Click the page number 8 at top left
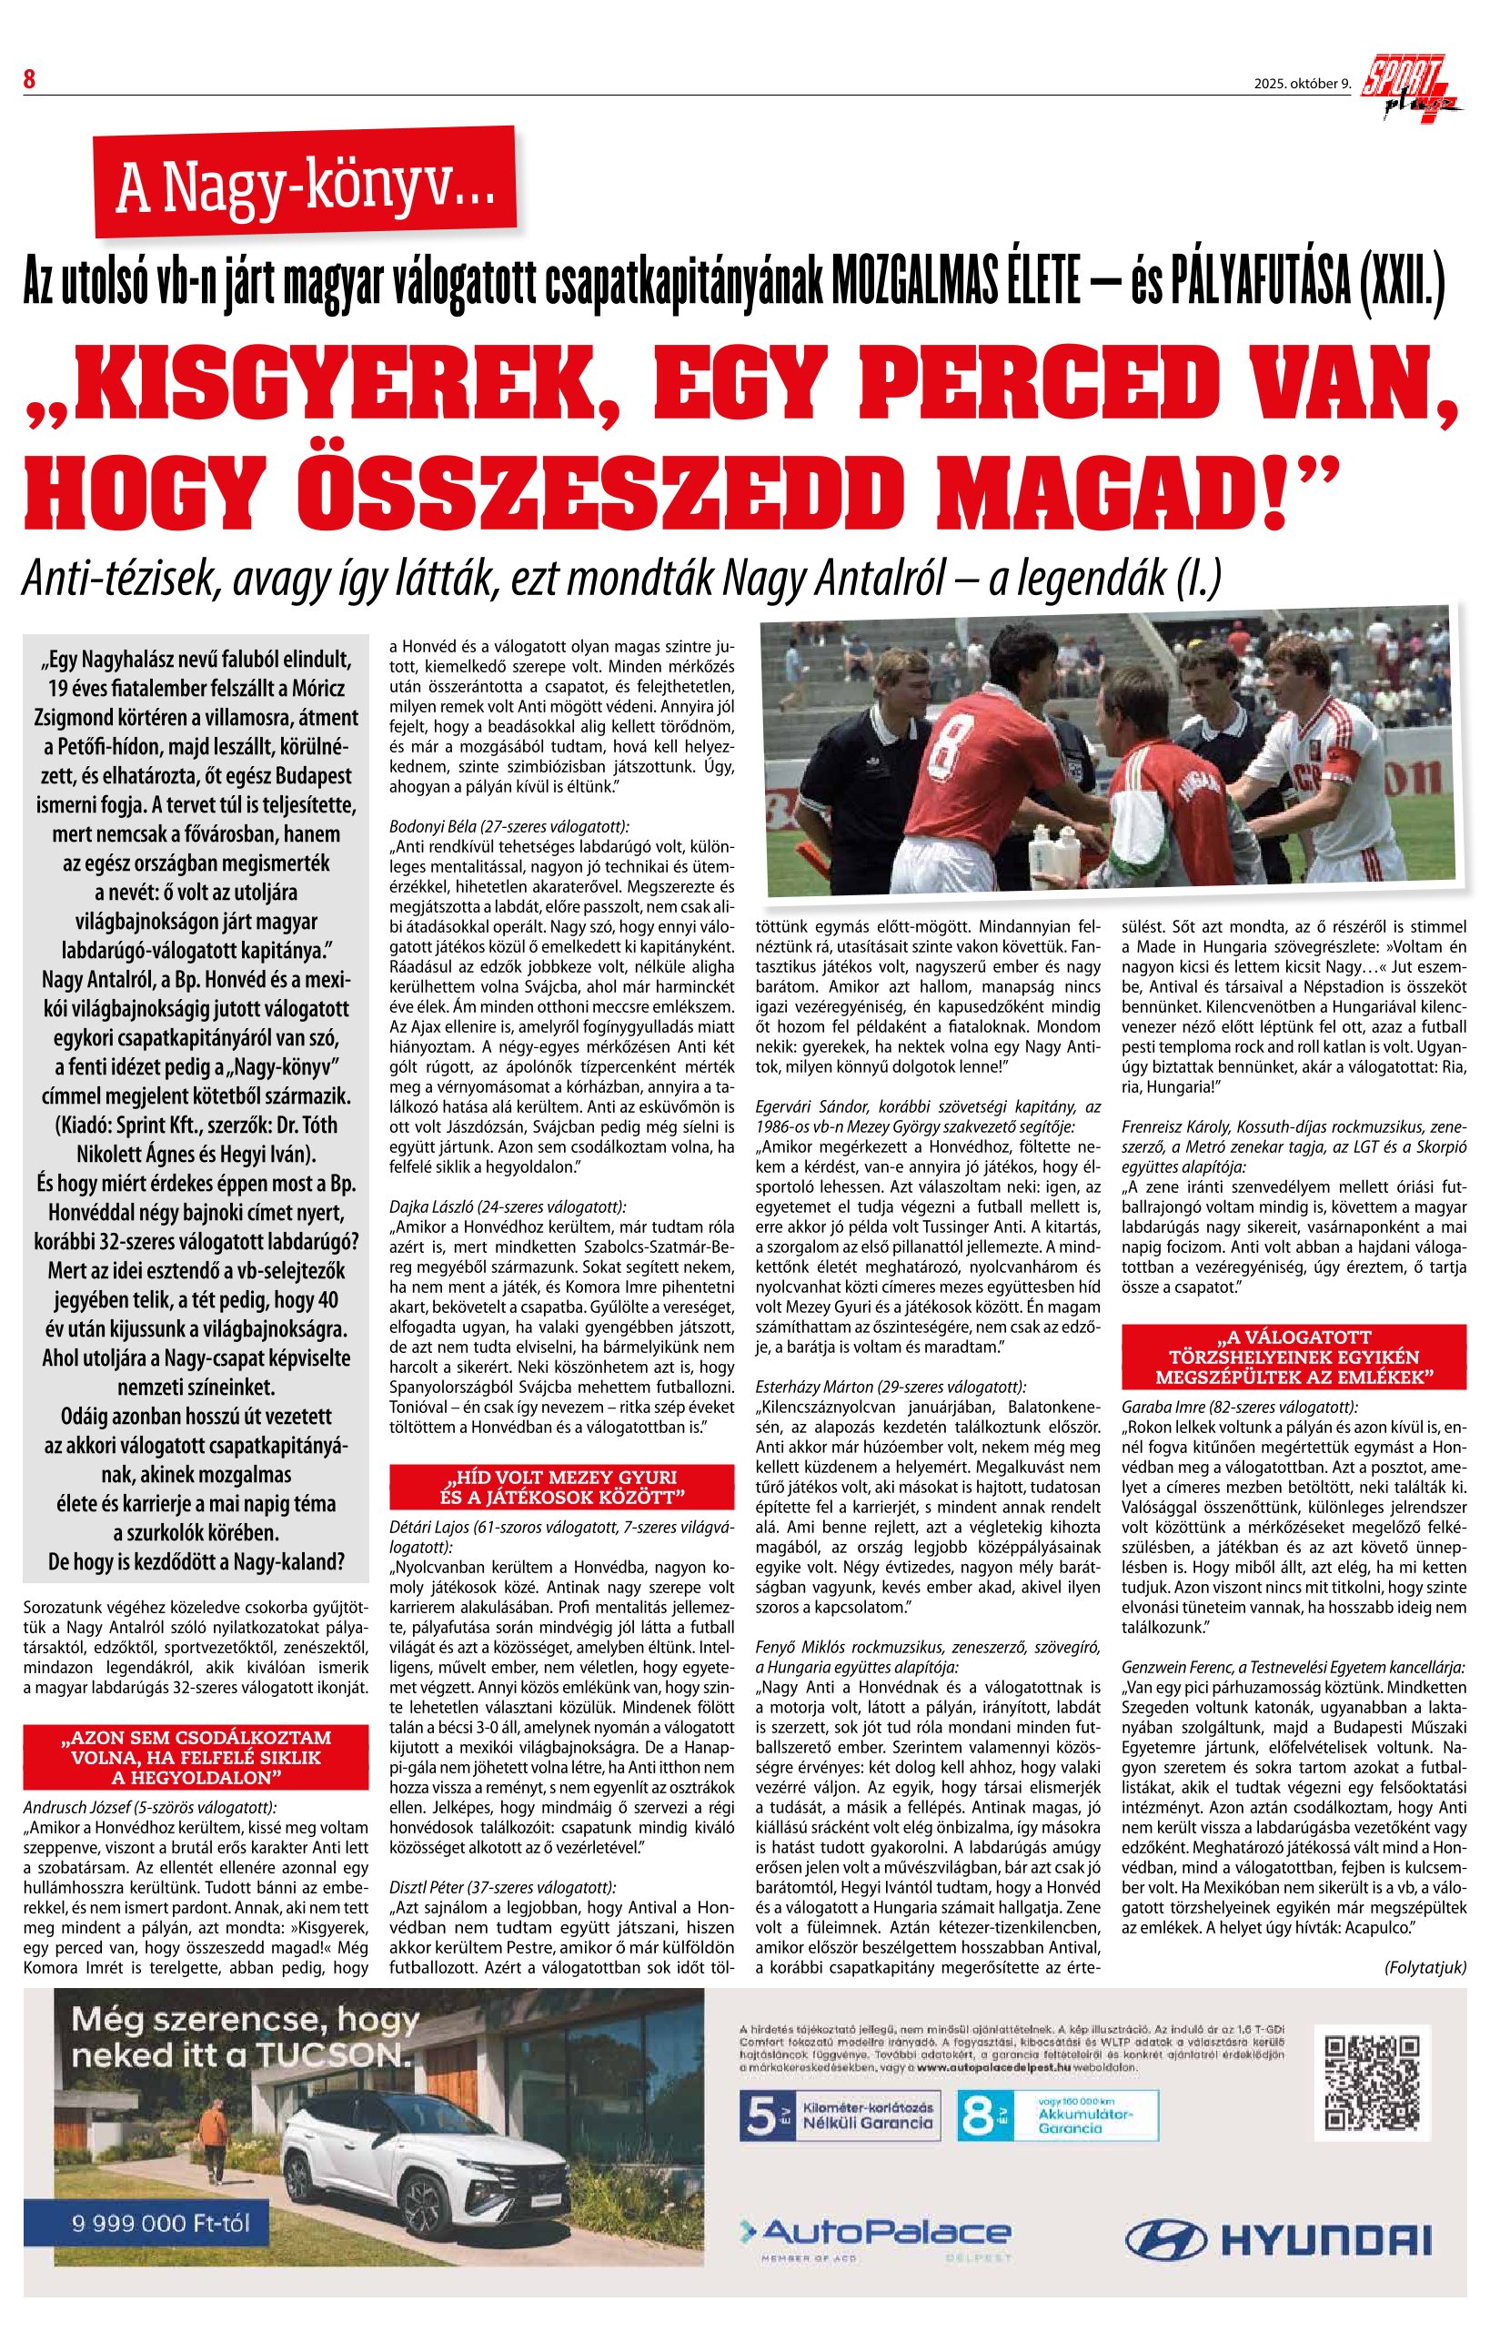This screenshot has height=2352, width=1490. point(29,79)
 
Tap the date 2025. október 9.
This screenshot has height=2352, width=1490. point(1303,83)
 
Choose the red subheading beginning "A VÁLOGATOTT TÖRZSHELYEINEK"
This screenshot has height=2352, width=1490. point(1294,1357)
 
